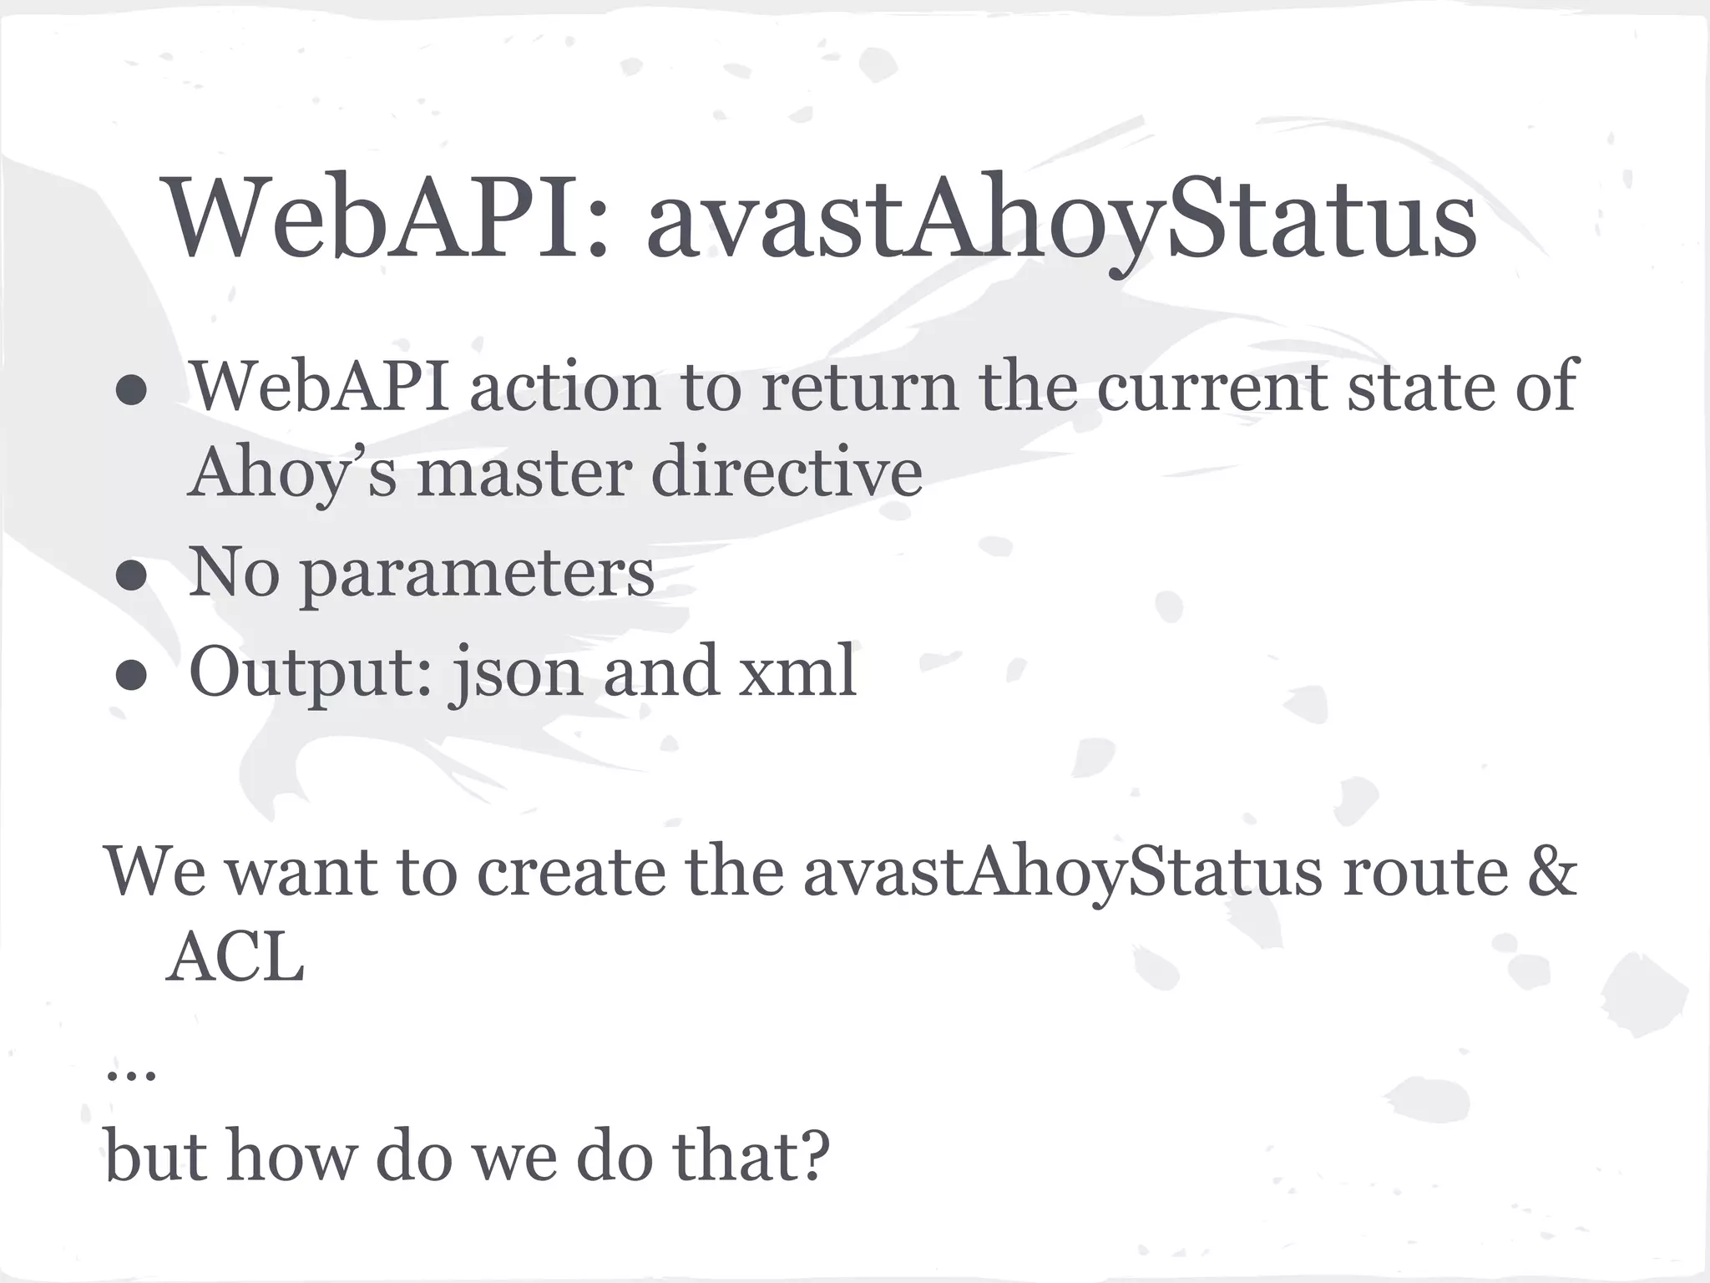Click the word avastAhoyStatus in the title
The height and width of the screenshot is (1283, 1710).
[1061, 219]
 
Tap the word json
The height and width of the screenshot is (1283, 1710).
[515, 673]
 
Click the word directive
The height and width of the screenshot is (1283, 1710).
[786, 473]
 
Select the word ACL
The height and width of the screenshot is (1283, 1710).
[235, 959]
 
